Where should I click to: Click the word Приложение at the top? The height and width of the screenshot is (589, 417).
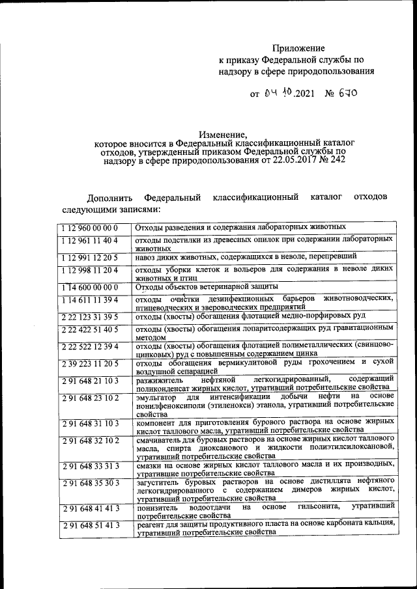[298, 49]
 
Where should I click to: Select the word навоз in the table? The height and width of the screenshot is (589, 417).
[147, 258]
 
